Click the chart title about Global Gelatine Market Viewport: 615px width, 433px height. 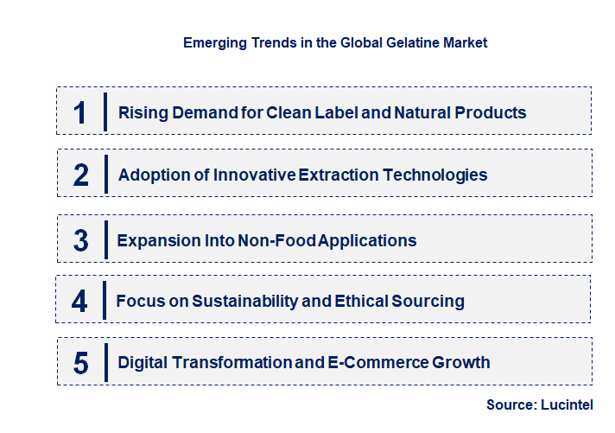tap(335, 42)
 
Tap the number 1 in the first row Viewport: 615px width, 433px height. tap(80, 113)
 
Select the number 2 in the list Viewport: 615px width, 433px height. tap(81, 175)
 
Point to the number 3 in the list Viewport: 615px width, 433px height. tap(80, 241)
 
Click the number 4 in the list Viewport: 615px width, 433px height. tap(79, 302)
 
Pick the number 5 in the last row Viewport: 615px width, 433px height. tap(80, 363)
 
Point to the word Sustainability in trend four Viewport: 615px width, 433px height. tap(232, 301)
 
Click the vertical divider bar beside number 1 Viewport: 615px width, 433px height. tap(105, 111)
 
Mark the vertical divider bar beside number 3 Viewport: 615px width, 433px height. tap(105, 239)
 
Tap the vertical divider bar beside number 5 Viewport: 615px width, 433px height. tap(105, 362)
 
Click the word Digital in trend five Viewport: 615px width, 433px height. tap(143, 362)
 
